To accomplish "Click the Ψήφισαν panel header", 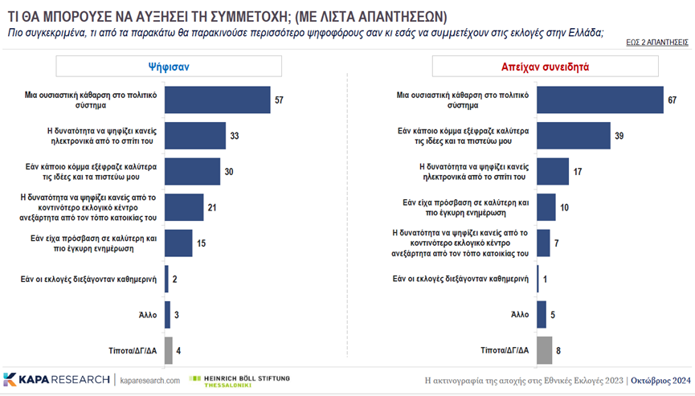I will [168, 67].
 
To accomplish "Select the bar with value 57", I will [218, 100].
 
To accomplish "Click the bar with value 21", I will [184, 207].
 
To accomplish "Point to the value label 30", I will [228, 172].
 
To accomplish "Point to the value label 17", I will [577, 172].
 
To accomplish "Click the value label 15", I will [202, 243].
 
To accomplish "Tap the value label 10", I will [565, 207].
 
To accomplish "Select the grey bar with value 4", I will [169, 350].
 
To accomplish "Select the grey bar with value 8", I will [544, 350].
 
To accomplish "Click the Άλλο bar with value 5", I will [542, 315].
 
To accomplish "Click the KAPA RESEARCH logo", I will [56, 379].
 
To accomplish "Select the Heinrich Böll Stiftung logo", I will [239, 379].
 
